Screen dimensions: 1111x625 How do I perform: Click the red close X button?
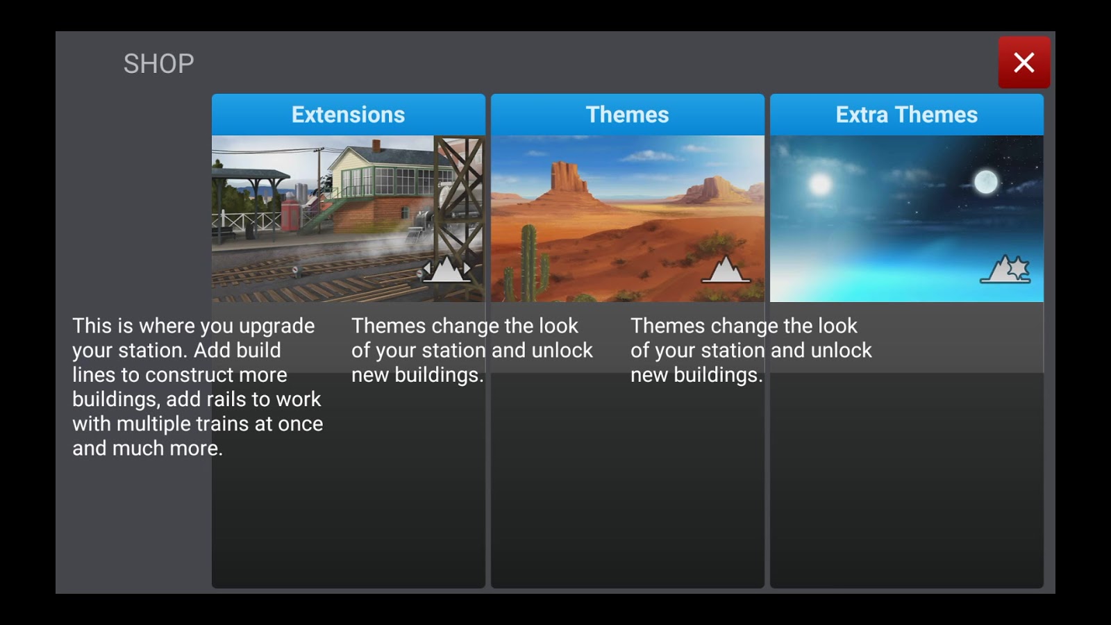click(x=1024, y=62)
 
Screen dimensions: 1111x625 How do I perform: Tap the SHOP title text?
click(x=159, y=64)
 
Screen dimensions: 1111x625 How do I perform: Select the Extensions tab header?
click(x=348, y=115)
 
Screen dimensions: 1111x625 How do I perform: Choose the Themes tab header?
click(x=628, y=115)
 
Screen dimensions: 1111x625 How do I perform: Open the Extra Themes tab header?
click(x=907, y=115)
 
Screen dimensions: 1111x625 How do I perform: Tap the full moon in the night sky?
click(x=985, y=181)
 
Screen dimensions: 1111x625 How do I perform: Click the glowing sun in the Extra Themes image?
click(x=820, y=185)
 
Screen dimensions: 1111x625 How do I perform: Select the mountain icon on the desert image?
click(x=726, y=269)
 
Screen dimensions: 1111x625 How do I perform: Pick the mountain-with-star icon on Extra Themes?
click(x=1005, y=269)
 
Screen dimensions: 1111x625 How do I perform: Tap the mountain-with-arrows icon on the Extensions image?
click(x=446, y=269)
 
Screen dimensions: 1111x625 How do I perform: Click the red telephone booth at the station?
click(x=291, y=215)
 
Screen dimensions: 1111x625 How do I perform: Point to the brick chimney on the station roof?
click(x=376, y=145)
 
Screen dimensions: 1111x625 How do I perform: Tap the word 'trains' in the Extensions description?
click(x=228, y=424)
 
